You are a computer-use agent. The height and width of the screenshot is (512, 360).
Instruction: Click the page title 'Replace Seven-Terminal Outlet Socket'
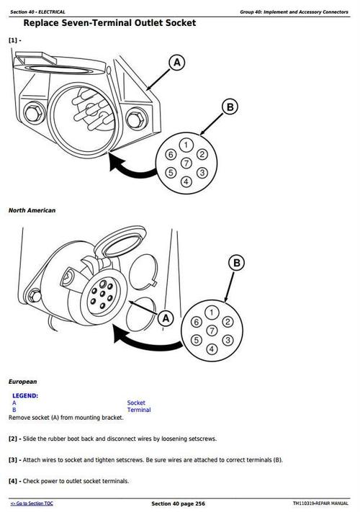pyautogui.click(x=109, y=23)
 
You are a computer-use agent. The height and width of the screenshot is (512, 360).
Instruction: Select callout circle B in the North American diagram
pyautogui.click(x=229, y=107)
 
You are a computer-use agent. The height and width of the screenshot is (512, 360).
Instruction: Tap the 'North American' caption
pyautogui.click(x=32, y=210)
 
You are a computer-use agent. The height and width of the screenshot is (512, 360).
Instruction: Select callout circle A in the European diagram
pyautogui.click(x=166, y=318)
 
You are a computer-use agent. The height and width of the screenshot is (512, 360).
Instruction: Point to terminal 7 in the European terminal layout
pyautogui.click(x=211, y=330)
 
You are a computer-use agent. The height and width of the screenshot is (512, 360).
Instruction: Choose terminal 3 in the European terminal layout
pyautogui.click(x=227, y=339)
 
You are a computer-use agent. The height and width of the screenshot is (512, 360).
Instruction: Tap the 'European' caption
pyautogui.click(x=22, y=381)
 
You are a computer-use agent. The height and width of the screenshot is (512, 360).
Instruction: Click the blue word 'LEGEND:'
pyautogui.click(x=26, y=395)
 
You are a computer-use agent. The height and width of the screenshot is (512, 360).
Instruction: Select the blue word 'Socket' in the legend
pyautogui.click(x=136, y=403)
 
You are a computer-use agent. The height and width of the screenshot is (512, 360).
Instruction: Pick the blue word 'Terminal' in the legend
pyautogui.click(x=139, y=410)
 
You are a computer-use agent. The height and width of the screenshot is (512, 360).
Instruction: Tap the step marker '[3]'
pyautogui.click(x=14, y=459)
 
